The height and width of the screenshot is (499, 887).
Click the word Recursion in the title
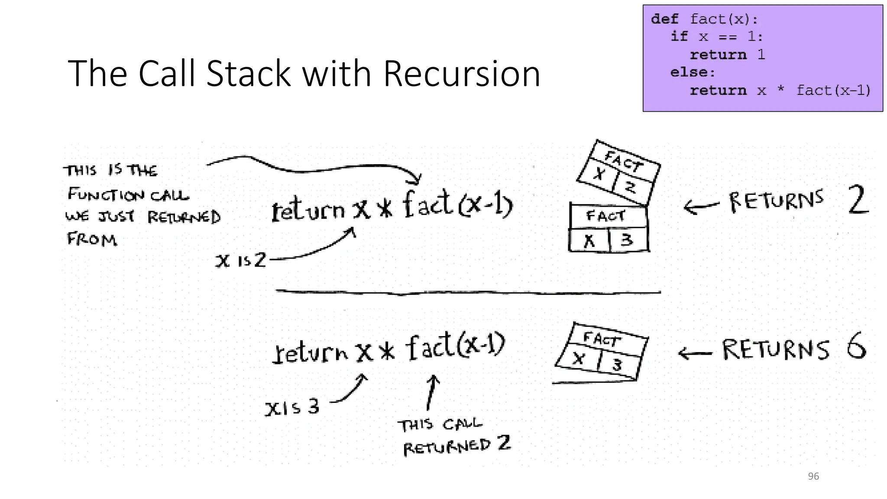tap(462, 74)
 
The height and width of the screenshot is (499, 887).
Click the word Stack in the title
tap(248, 74)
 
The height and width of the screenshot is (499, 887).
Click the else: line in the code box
tap(693, 72)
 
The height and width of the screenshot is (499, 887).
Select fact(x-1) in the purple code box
tap(833, 91)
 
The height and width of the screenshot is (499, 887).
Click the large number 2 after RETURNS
tap(857, 200)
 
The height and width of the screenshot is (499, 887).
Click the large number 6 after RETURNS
tap(856, 346)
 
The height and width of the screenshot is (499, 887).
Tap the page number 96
tap(813, 476)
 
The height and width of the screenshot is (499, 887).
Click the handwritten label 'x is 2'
tap(241, 260)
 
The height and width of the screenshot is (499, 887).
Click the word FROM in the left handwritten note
tap(92, 239)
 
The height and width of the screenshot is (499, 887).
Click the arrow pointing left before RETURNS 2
tap(700, 207)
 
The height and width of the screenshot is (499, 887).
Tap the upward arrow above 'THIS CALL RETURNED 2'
tap(431, 392)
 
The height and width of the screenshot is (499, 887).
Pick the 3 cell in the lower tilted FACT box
tap(618, 365)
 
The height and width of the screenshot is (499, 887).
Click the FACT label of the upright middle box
tap(605, 216)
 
